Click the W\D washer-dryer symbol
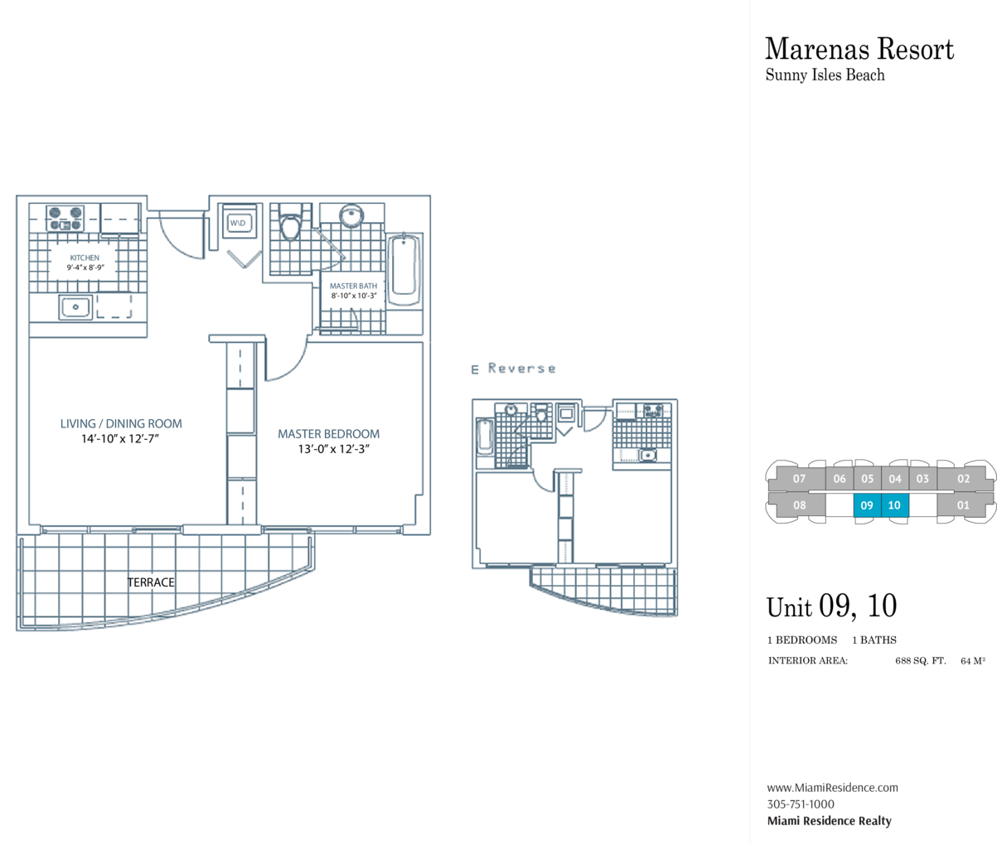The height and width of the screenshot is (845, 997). pyautogui.click(x=239, y=223)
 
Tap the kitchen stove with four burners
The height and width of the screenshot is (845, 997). pyautogui.click(x=65, y=219)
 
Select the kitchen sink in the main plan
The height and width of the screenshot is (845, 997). pyautogui.click(x=75, y=307)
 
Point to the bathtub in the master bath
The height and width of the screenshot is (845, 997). pyautogui.click(x=404, y=269)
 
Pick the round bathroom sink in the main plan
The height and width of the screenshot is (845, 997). pyautogui.click(x=352, y=215)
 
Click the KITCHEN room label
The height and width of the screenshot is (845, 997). pyautogui.click(x=85, y=258)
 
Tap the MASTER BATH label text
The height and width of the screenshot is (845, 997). pyautogui.click(x=353, y=286)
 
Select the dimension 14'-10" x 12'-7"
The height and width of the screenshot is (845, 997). pyautogui.click(x=120, y=438)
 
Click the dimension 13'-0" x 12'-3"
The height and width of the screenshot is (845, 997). pyautogui.click(x=333, y=449)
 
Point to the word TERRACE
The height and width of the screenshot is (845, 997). pyautogui.click(x=151, y=582)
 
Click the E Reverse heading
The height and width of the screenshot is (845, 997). pyautogui.click(x=513, y=369)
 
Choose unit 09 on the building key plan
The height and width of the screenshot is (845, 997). pyautogui.click(x=867, y=505)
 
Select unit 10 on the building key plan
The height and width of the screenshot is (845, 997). pyautogui.click(x=895, y=505)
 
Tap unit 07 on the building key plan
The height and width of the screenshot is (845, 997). pyautogui.click(x=799, y=479)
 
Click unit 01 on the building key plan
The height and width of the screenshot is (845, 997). pyautogui.click(x=963, y=505)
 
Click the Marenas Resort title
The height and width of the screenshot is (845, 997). pyautogui.click(x=859, y=49)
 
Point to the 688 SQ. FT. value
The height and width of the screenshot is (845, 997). pyautogui.click(x=920, y=661)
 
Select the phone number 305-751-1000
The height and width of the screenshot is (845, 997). pyautogui.click(x=801, y=804)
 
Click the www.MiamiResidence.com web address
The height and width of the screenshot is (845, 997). pyautogui.click(x=833, y=788)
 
